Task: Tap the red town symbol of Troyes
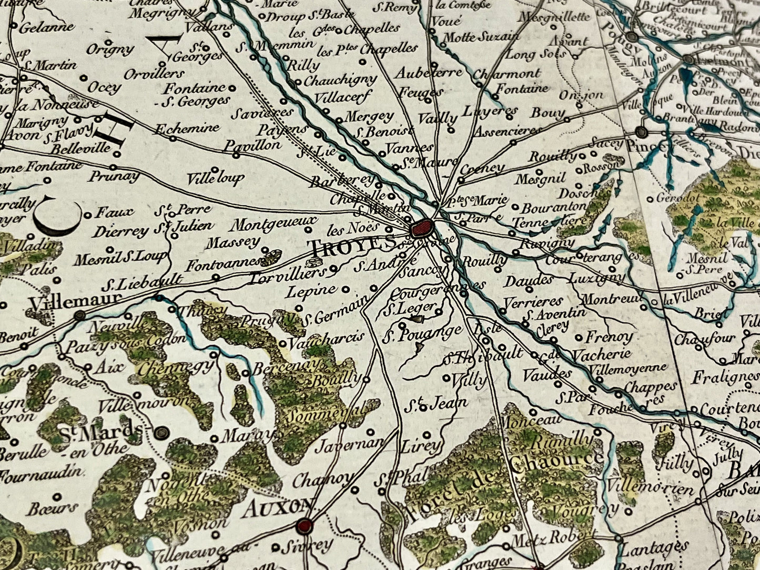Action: (x=422, y=228)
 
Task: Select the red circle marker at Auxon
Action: (x=304, y=525)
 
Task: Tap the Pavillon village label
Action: (x=252, y=145)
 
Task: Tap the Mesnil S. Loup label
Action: (x=120, y=258)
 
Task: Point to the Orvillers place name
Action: (x=155, y=73)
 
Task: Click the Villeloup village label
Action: (x=215, y=178)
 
